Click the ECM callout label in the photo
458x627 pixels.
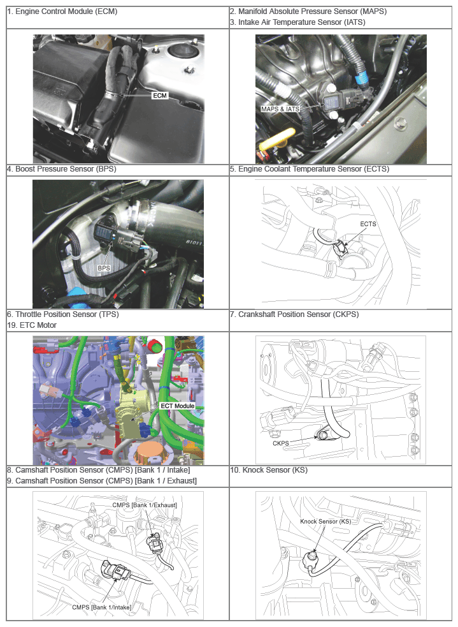click(x=160, y=96)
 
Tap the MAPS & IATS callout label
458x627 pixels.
click(x=280, y=109)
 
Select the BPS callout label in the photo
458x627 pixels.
click(x=104, y=268)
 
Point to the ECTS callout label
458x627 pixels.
click(x=368, y=224)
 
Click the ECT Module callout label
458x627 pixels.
click(x=177, y=406)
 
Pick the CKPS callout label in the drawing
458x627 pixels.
click(x=281, y=443)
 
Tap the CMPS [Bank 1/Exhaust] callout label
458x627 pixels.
click(x=145, y=505)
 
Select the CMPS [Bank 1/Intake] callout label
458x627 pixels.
click(x=101, y=607)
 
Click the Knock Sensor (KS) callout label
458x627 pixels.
click(x=326, y=521)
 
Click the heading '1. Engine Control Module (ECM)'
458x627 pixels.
click(x=62, y=11)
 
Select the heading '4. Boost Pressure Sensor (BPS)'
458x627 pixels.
click(x=62, y=169)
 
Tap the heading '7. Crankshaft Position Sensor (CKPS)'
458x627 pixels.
click(x=294, y=314)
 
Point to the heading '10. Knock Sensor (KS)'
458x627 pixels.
click(x=269, y=470)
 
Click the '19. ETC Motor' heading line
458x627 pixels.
click(x=32, y=325)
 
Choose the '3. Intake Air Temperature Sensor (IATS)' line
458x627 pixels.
click(x=297, y=22)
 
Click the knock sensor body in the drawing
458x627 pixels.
click(x=312, y=559)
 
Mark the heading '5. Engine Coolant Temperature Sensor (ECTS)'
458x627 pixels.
click(x=310, y=169)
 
